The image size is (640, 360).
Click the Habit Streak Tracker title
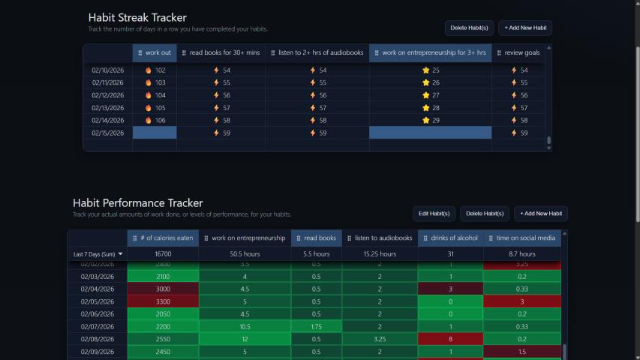point(137,17)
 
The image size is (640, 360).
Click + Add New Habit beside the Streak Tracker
point(524,28)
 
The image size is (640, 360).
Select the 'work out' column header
point(155,53)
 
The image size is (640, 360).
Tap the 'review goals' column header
point(518,53)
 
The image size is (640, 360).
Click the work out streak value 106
point(155,120)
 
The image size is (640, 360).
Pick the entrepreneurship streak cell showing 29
point(431,120)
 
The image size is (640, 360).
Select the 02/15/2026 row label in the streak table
point(107,133)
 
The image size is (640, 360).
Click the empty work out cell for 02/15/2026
point(155,133)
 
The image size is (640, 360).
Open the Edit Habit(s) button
point(434,214)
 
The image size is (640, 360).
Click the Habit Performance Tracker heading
point(137,202)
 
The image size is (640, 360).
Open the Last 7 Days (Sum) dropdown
point(98,254)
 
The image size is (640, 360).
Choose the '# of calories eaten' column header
point(163,238)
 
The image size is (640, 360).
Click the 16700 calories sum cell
point(163,254)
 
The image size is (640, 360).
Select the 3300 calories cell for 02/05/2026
point(163,301)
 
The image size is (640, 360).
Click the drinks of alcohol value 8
point(451,339)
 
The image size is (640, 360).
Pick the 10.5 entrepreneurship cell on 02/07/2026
point(245,326)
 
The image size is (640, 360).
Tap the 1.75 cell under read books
point(316,326)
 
